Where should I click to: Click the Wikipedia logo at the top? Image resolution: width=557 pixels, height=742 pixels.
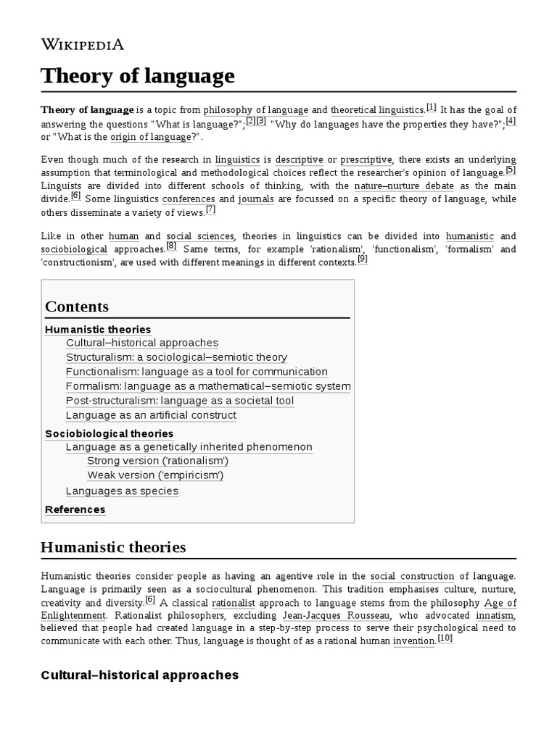(x=83, y=44)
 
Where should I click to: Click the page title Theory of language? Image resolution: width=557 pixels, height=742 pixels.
(x=138, y=76)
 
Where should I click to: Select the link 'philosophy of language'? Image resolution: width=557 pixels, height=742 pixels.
(x=256, y=110)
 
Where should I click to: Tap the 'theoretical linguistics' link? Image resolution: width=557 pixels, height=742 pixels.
(x=377, y=110)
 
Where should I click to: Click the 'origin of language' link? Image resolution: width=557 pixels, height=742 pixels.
(x=152, y=136)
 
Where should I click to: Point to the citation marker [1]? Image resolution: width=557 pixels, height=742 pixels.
(x=432, y=107)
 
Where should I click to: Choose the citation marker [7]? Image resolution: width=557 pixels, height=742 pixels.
(x=210, y=209)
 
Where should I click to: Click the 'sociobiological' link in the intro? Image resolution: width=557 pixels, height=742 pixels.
(x=74, y=249)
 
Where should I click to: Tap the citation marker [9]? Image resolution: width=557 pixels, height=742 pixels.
(x=362, y=259)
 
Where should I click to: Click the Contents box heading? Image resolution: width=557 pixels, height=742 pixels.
(x=77, y=307)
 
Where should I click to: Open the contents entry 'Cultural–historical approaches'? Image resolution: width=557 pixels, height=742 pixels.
(x=141, y=343)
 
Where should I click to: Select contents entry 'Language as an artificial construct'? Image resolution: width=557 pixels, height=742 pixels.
(x=151, y=415)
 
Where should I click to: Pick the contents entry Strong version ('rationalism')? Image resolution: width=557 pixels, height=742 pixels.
(x=157, y=461)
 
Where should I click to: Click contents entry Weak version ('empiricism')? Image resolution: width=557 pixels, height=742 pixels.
(x=155, y=475)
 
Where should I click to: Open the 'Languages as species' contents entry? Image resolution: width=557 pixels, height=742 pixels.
(x=122, y=491)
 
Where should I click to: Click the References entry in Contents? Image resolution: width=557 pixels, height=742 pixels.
(x=75, y=509)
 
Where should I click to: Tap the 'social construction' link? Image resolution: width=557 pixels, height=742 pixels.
(x=412, y=576)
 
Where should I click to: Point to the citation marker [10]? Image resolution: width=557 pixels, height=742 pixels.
(x=445, y=638)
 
